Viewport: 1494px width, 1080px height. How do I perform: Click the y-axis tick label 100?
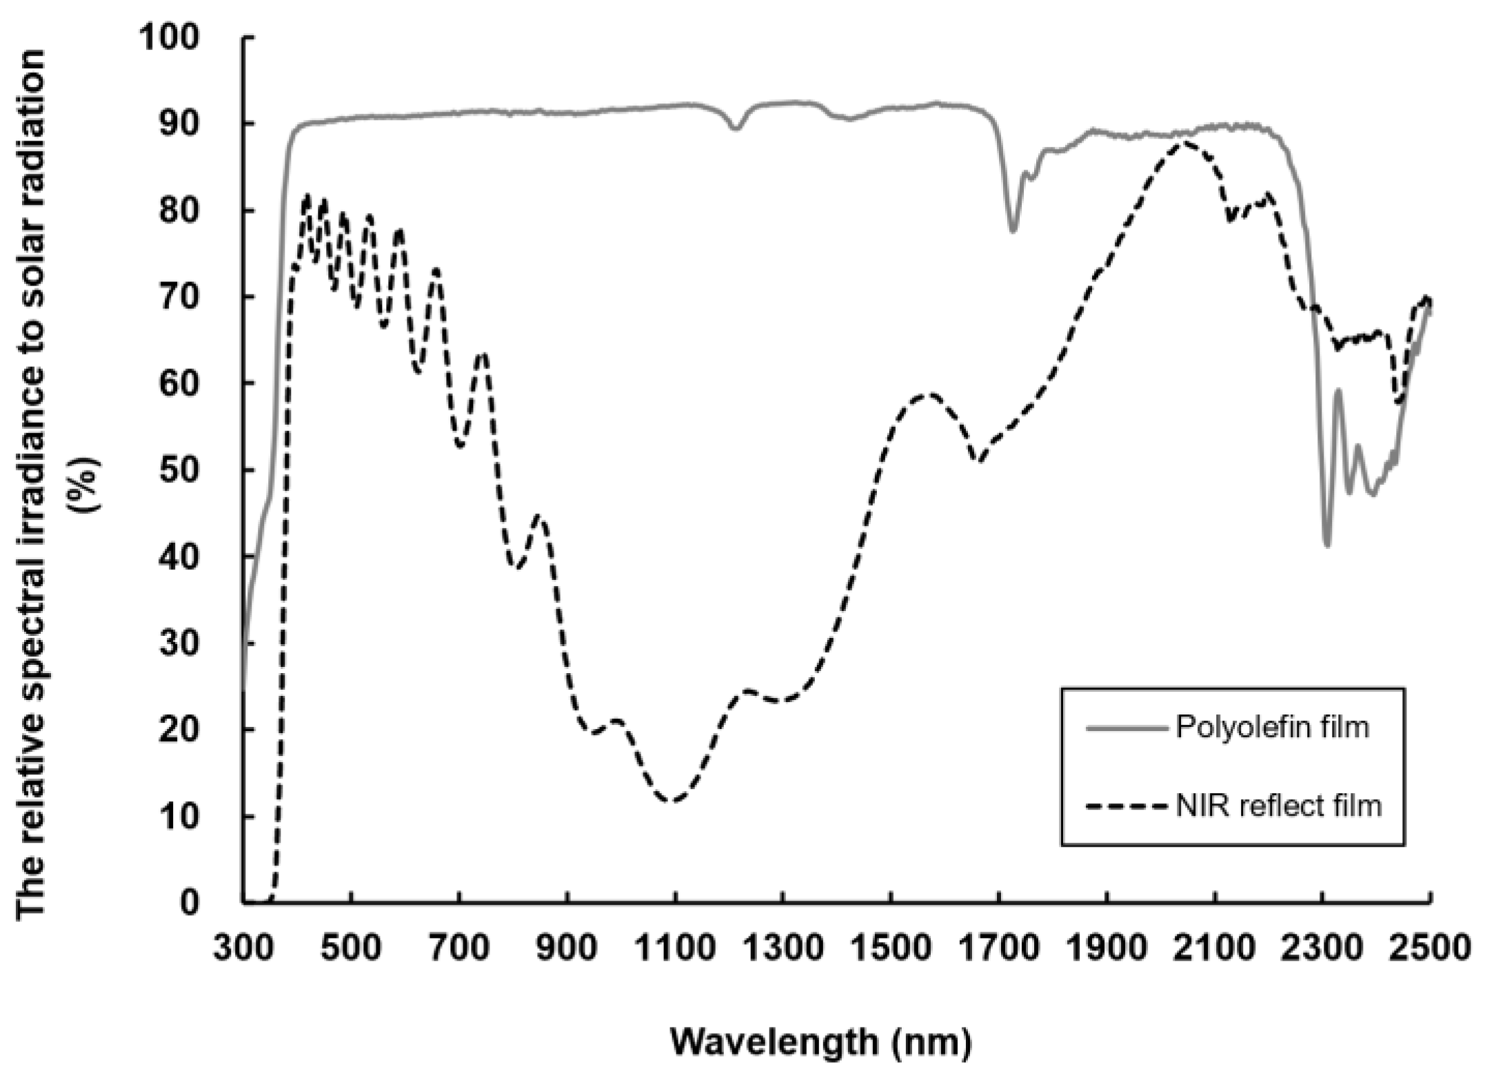click(168, 37)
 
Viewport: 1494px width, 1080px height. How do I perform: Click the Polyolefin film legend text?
click(1272, 727)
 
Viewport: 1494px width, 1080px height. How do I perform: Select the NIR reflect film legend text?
click(1279, 805)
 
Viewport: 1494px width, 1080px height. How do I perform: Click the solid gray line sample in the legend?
click(1128, 728)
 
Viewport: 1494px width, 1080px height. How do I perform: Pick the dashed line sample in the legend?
click(1128, 806)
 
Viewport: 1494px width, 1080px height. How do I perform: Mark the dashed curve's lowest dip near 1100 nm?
click(672, 801)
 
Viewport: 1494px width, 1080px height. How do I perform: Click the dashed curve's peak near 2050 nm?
click(1184, 143)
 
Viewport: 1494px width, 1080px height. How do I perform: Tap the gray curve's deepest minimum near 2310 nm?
click(1326, 546)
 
